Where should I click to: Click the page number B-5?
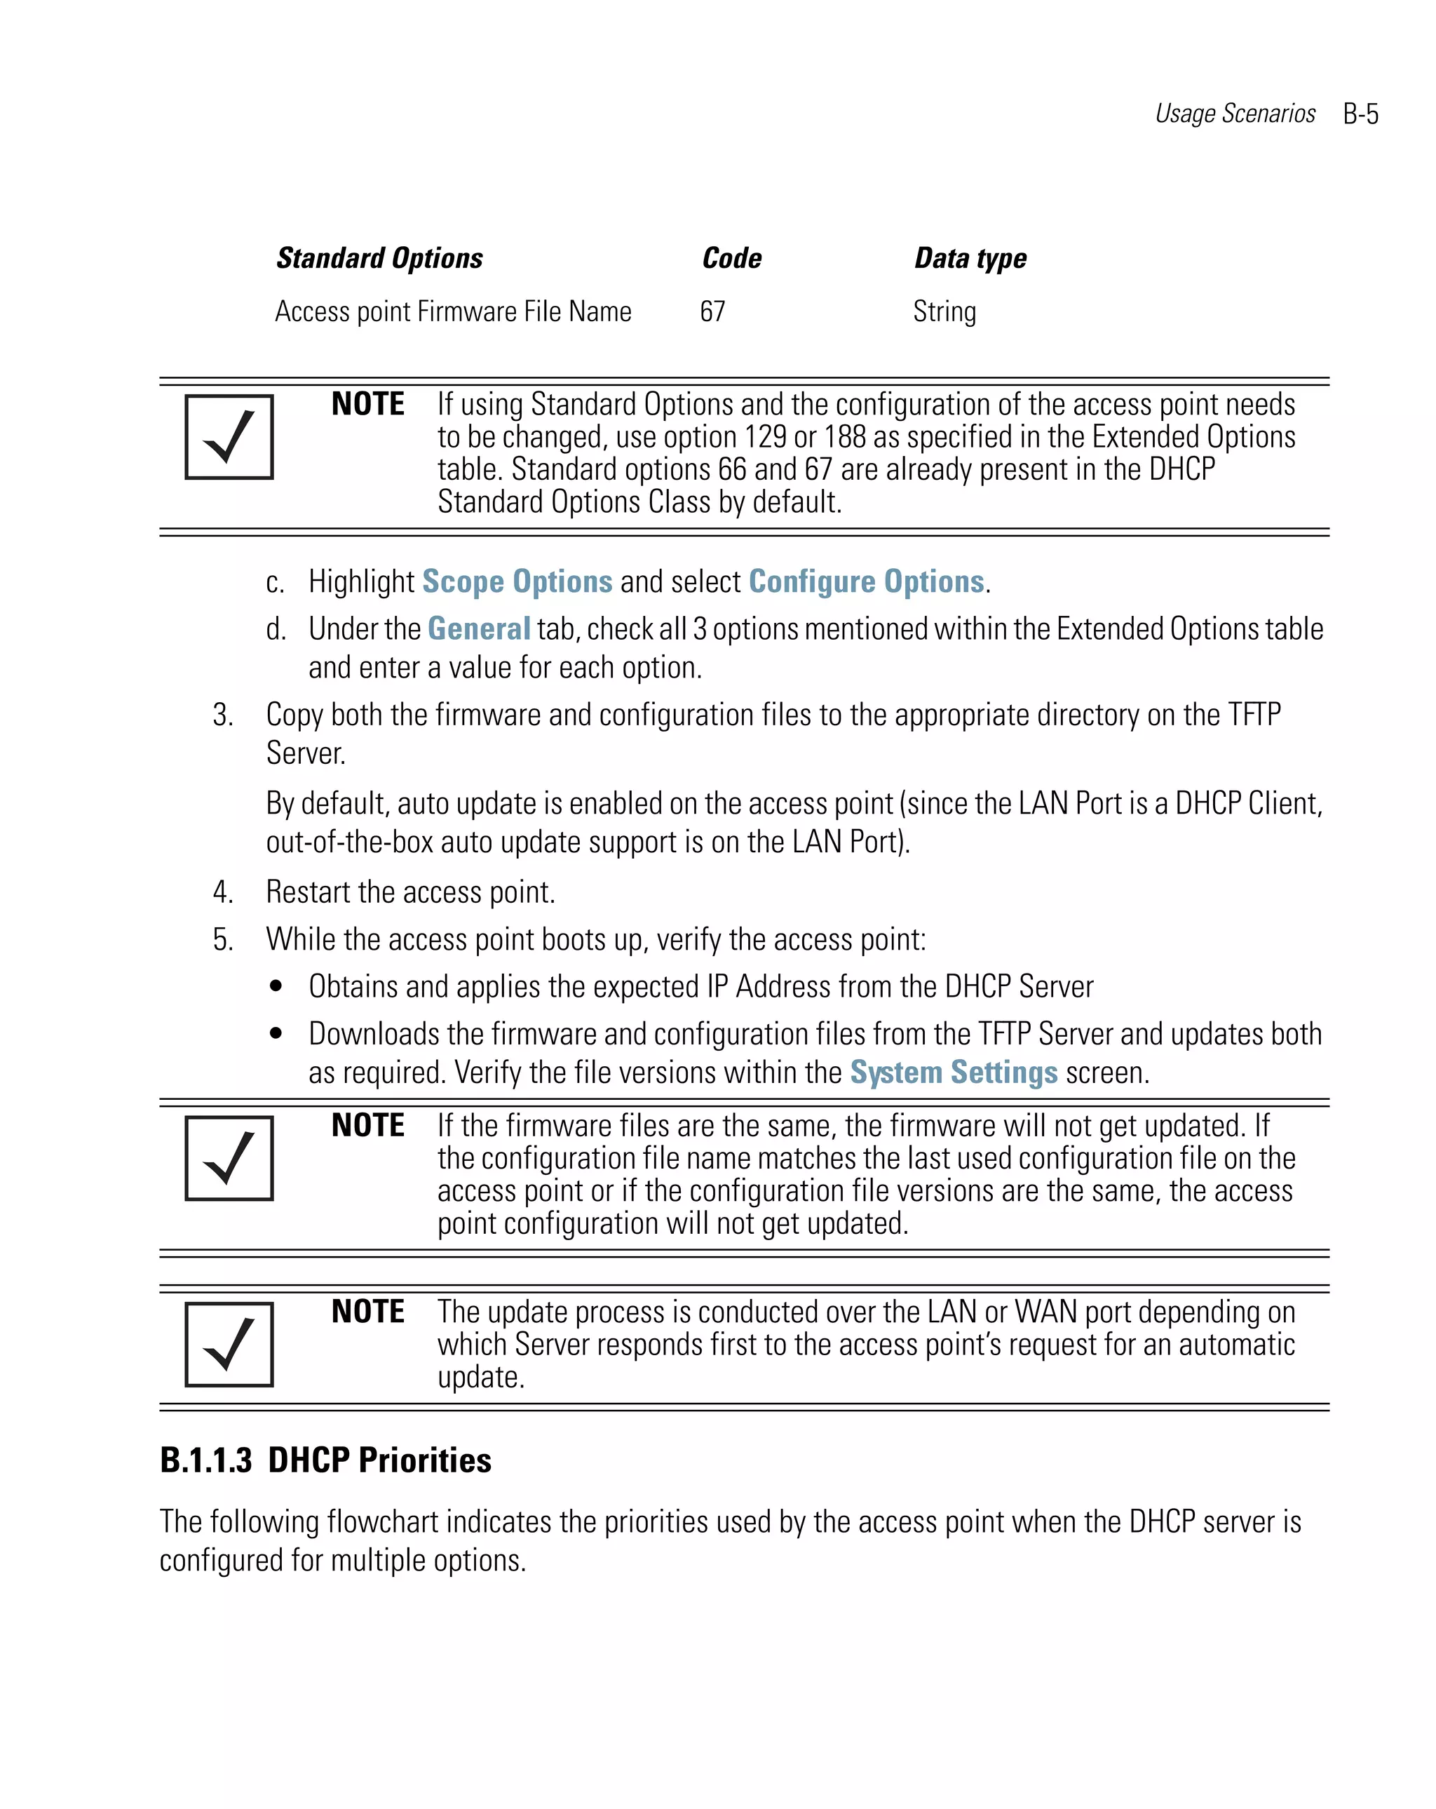(1360, 114)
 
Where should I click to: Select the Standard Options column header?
(379, 258)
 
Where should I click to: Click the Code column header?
(731, 258)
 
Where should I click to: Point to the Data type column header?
(970, 258)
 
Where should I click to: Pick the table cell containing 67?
(712, 311)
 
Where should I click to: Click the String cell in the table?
(944, 311)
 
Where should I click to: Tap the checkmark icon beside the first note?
(229, 437)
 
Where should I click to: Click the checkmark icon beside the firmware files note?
(229, 1158)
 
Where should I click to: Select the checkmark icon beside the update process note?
(229, 1344)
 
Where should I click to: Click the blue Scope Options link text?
(517, 581)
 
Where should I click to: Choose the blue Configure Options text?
(866, 581)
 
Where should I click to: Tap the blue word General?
(478, 628)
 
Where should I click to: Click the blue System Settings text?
(954, 1072)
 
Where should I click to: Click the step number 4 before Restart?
(222, 892)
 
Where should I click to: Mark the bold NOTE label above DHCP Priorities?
(367, 1312)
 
